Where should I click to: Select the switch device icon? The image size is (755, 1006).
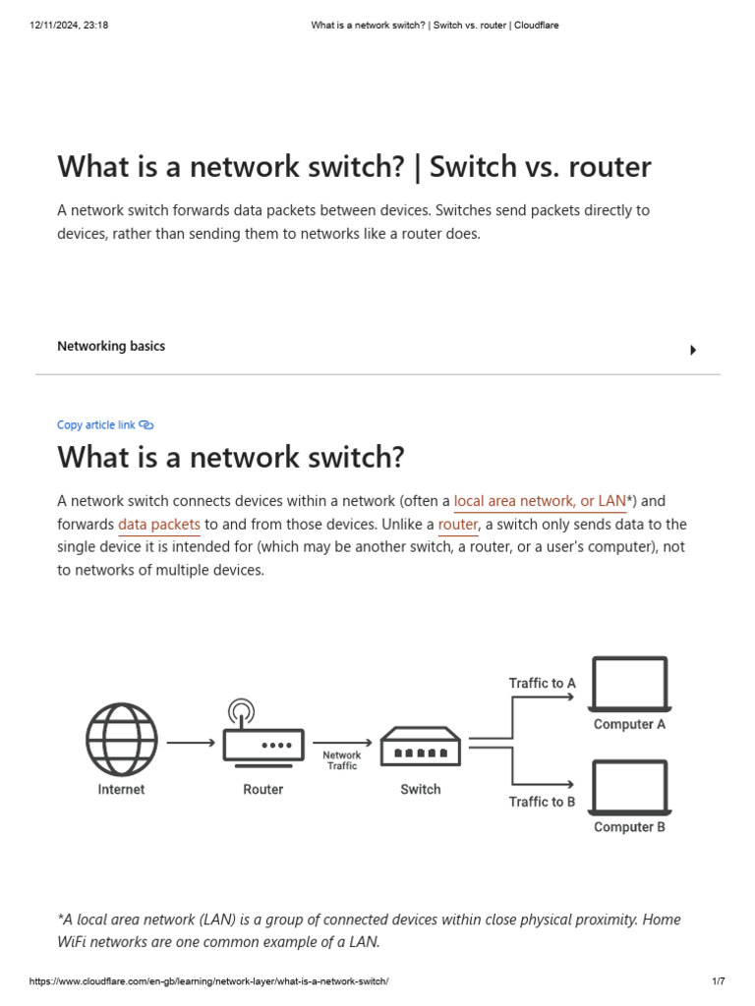[x=420, y=746]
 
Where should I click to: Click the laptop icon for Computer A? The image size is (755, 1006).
[x=629, y=684]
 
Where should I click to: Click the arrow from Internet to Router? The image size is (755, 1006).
[x=191, y=743]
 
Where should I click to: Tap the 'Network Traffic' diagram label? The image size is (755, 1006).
[x=342, y=760]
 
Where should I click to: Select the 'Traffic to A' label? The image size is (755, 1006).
[x=542, y=683]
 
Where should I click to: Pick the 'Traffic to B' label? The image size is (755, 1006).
[x=542, y=802]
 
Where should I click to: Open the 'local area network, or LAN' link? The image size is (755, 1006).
[x=540, y=501]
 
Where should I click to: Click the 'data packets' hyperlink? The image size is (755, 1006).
[x=159, y=525]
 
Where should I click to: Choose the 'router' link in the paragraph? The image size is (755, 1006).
[x=457, y=525]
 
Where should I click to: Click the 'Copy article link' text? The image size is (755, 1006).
[x=96, y=425]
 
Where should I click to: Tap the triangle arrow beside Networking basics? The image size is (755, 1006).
[x=693, y=350]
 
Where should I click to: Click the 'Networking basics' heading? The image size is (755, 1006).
[x=111, y=347]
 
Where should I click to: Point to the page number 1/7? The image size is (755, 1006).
[x=718, y=981]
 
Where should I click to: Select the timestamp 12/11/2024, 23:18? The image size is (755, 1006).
[x=69, y=26]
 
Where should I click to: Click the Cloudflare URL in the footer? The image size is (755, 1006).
[x=209, y=981]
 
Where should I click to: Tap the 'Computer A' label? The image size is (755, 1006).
[x=629, y=724]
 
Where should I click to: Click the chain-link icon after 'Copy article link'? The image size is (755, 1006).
[x=146, y=425]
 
